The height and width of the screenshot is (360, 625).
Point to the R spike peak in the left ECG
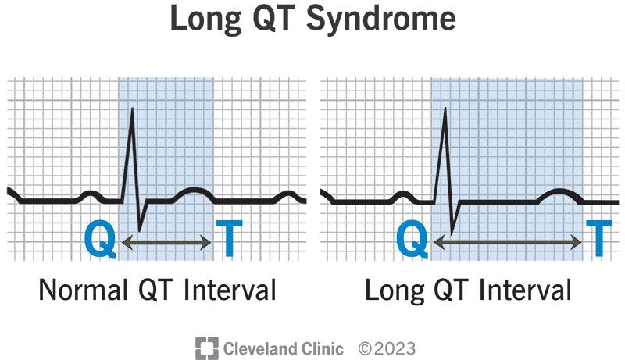132,108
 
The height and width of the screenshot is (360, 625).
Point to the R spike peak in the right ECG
445,108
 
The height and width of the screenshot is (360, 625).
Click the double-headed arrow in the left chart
166,244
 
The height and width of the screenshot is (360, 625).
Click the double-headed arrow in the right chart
509,244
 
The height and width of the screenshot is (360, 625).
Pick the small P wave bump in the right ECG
403,194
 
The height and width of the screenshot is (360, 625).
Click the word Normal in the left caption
83,291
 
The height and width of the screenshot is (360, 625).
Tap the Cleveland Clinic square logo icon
205,347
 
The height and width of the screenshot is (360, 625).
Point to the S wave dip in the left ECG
139,229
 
